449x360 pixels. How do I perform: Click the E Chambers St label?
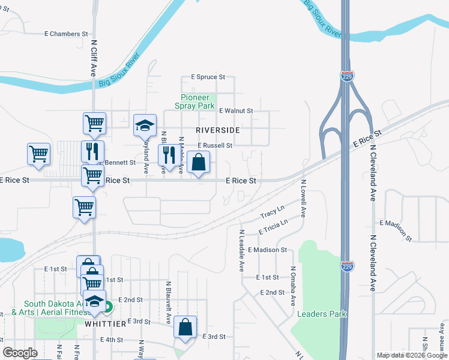click(67, 34)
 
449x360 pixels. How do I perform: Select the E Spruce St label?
click(208, 77)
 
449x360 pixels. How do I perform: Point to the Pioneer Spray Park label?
click(194, 101)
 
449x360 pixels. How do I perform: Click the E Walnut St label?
click(236, 111)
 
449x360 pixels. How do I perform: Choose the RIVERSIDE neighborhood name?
click(217, 130)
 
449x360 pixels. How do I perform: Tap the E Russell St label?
click(214, 145)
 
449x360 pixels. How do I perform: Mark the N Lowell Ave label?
click(303, 198)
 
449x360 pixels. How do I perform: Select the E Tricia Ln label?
click(273, 227)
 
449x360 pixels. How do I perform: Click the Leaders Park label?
click(322, 314)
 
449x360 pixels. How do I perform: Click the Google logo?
click(20, 353)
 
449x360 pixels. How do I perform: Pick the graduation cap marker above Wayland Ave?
click(145, 125)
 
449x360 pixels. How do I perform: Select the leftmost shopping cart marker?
click(39, 154)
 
